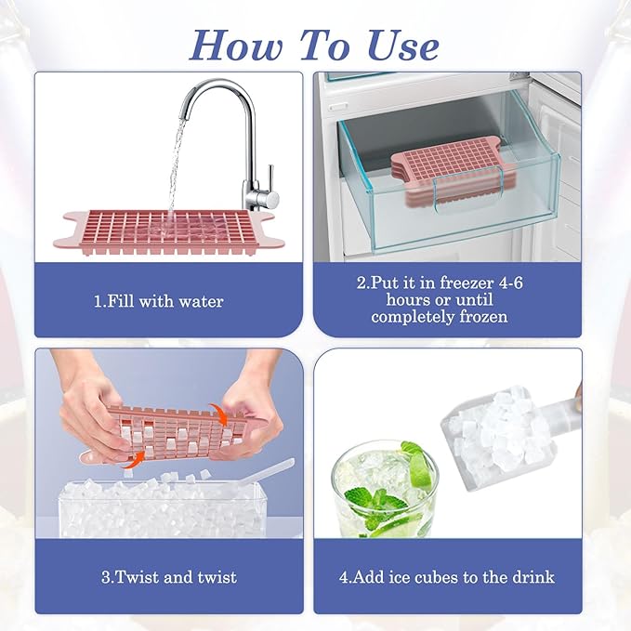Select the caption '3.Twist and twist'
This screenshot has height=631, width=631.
[168, 577]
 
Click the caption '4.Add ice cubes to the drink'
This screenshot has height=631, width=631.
[447, 577]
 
